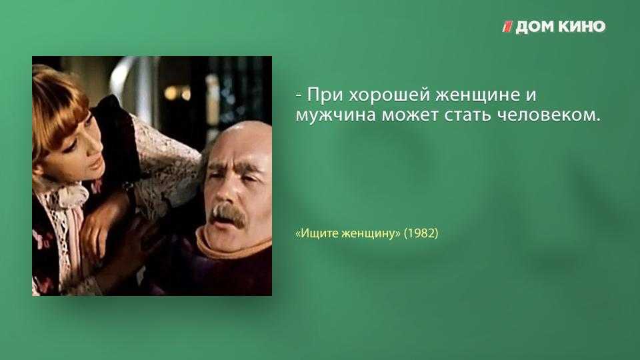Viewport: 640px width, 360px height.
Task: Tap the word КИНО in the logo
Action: click(x=582, y=27)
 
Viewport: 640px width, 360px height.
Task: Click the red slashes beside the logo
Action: click(x=507, y=27)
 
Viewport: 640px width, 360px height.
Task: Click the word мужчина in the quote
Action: click(x=335, y=115)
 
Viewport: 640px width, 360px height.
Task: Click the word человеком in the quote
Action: click(x=549, y=115)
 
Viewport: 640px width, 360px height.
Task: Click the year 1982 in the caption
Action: click(x=421, y=233)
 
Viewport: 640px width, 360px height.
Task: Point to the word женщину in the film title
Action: click(x=371, y=234)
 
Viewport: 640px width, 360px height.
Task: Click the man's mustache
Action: click(x=229, y=213)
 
